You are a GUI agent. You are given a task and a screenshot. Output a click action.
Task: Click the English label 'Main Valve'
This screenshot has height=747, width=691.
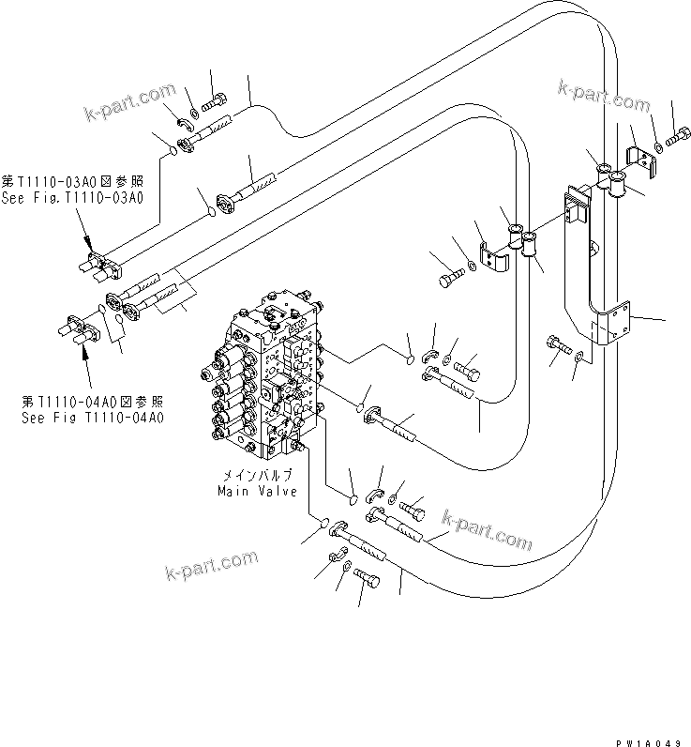(257, 491)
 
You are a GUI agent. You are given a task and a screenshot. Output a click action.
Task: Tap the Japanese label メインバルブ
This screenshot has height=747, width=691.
(255, 476)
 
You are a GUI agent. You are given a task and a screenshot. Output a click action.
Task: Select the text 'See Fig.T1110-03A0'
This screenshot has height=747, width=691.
(72, 197)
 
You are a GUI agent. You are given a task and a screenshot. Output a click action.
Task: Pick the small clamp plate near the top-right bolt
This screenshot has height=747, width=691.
(641, 159)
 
